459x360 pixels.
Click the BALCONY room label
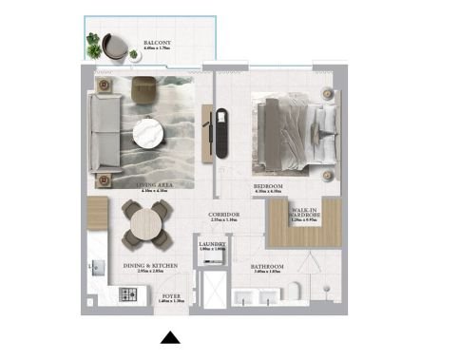[x=158, y=44]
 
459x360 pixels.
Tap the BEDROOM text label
[x=268, y=186]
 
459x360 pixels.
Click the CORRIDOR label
[x=223, y=216]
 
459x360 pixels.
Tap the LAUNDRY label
[x=213, y=245]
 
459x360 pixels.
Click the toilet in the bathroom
[x=297, y=289]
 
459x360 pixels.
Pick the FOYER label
[x=171, y=295]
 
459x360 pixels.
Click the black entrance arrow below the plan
[x=170, y=337]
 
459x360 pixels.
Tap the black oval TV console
[x=224, y=133]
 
